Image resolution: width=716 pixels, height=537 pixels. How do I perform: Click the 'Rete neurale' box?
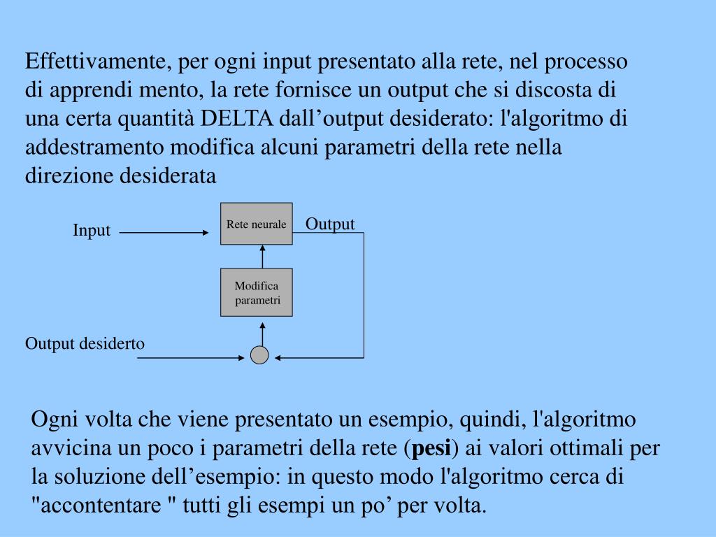tap(256, 224)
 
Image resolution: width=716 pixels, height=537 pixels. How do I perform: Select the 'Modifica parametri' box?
tap(256, 292)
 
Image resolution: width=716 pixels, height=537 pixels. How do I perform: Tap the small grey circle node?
tap(259, 355)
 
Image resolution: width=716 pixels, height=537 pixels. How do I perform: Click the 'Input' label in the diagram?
tap(92, 231)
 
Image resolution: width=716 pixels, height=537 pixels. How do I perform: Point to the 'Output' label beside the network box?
tap(330, 224)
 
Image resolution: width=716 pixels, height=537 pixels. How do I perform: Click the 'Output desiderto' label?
tap(85, 343)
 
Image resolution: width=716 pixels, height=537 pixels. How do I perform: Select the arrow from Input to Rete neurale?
tap(164, 232)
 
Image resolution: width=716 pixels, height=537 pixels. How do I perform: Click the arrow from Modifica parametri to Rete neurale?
tap(262, 257)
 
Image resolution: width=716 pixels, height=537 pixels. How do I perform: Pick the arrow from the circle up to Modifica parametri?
tap(262, 333)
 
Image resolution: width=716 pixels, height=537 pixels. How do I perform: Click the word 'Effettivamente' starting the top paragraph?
tap(96, 62)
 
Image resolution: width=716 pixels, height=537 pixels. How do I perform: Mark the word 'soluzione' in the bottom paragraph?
tap(103, 478)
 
